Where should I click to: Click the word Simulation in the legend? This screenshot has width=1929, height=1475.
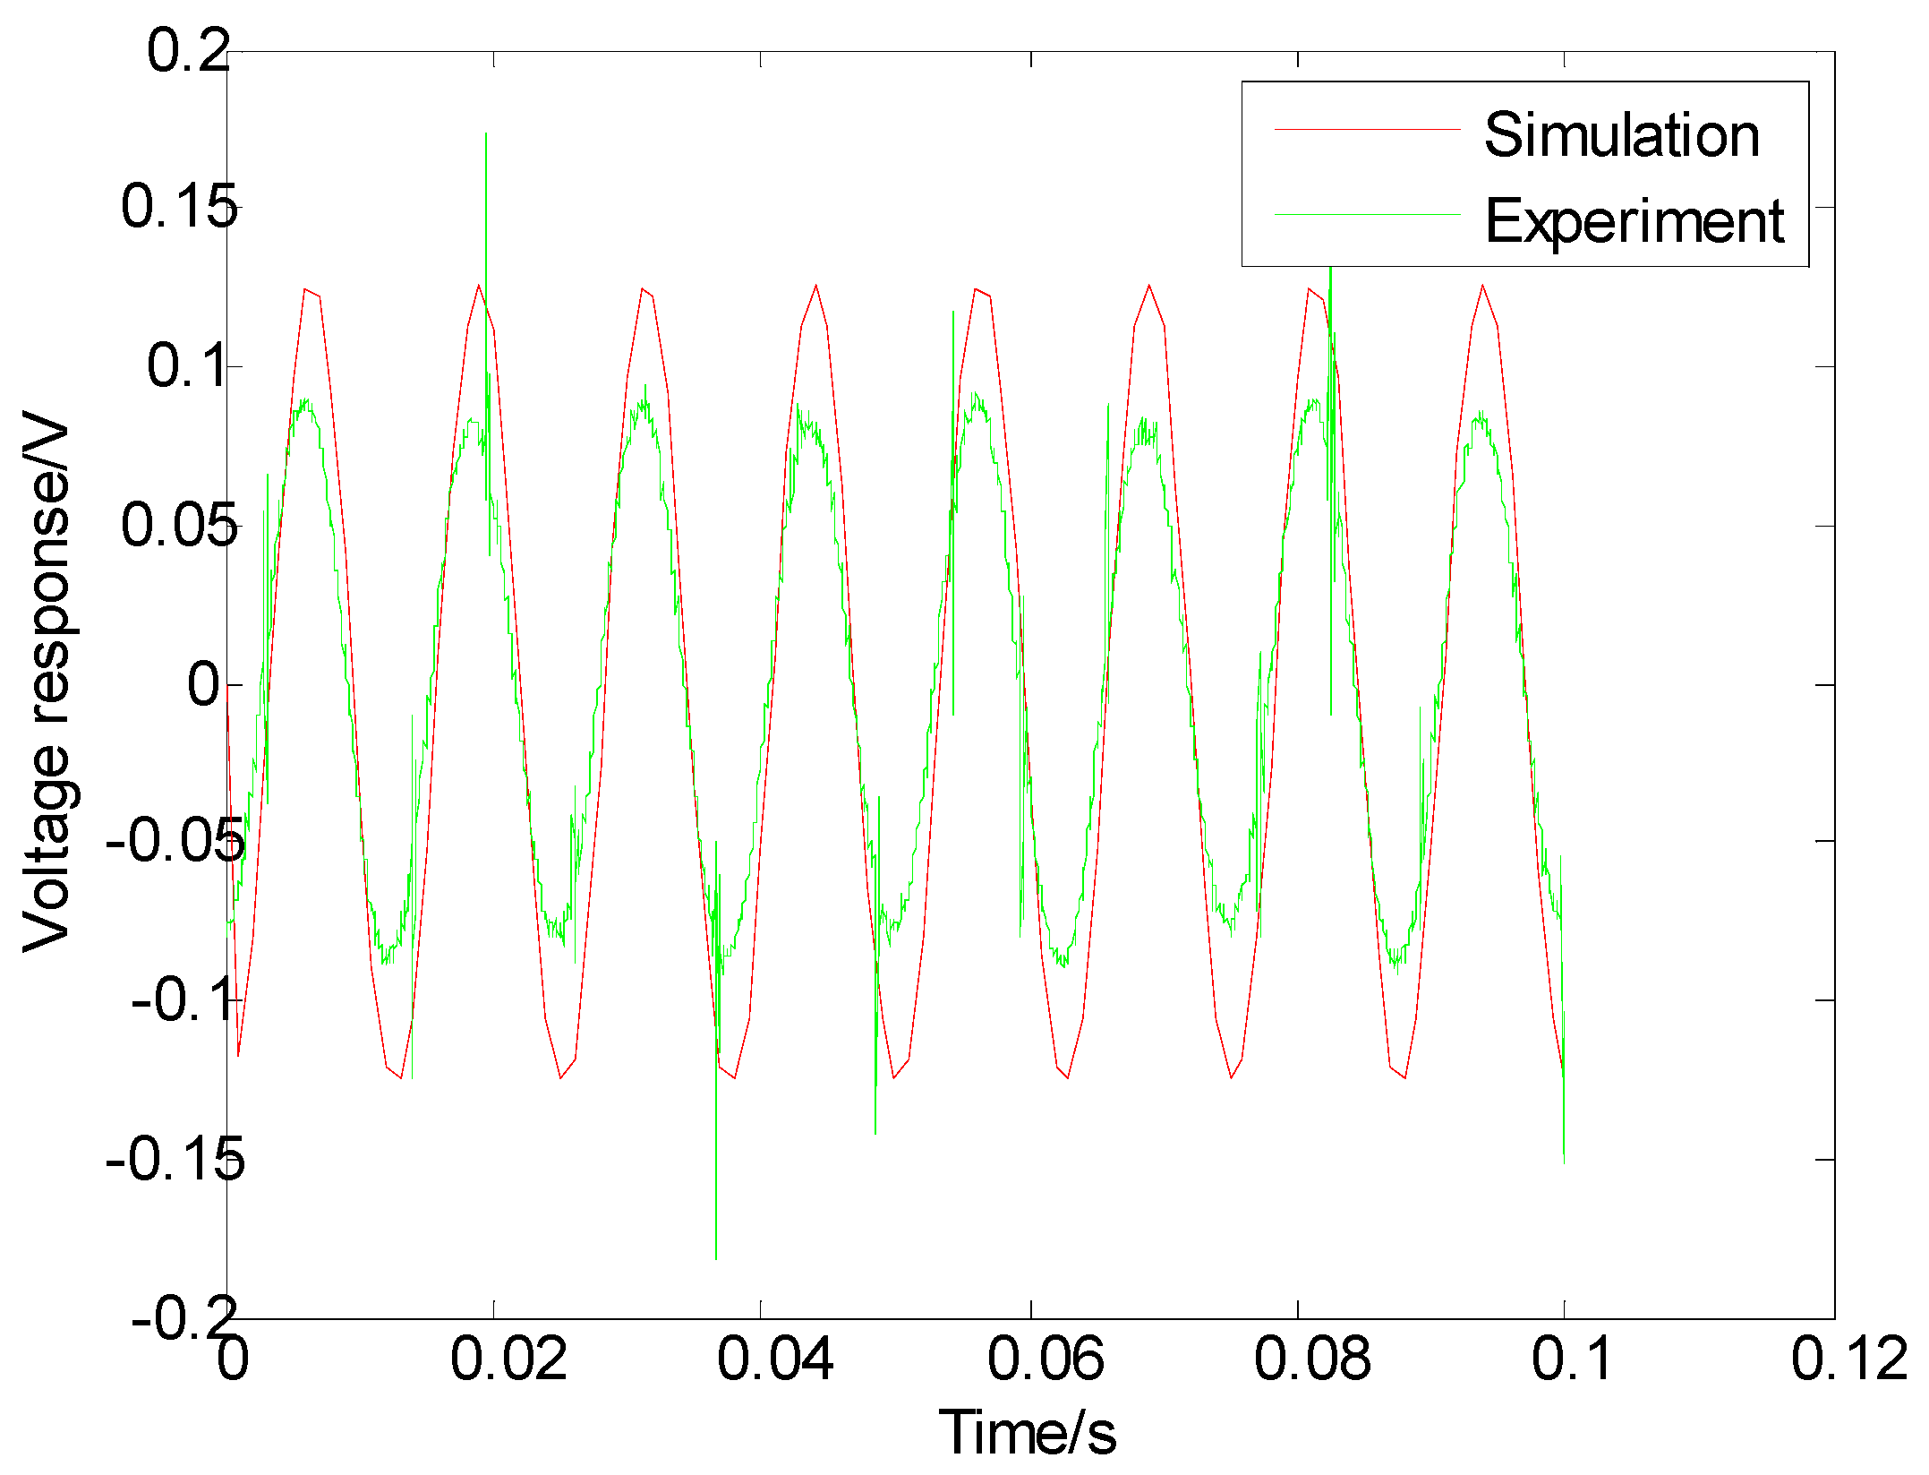[1621, 135]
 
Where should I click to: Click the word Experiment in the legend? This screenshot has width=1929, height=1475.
[1635, 221]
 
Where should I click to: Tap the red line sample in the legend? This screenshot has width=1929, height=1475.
[1367, 130]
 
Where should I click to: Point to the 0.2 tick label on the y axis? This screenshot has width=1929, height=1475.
[189, 50]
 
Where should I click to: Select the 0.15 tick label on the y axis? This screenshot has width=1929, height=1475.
[179, 207]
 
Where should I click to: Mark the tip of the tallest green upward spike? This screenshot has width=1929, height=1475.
[486, 133]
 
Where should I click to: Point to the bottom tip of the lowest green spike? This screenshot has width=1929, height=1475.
[716, 1259]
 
